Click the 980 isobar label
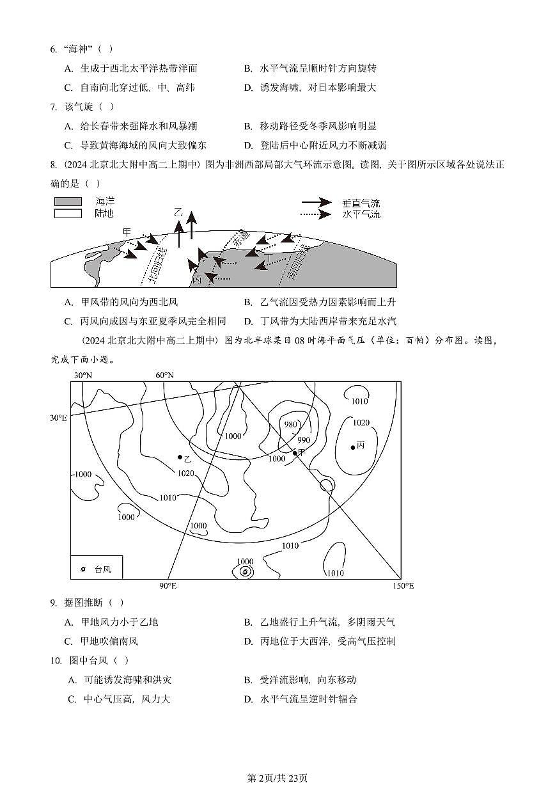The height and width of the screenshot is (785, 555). [x=291, y=425]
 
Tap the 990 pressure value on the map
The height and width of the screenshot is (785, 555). [x=304, y=440]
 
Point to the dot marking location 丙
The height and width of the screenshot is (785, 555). [x=353, y=447]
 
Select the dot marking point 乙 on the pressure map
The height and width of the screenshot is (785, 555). [x=180, y=457]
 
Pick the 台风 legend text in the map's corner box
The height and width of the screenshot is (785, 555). [x=102, y=569]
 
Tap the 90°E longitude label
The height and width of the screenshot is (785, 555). [x=168, y=586]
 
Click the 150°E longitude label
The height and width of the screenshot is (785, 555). [x=403, y=586]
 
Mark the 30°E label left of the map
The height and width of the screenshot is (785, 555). [x=59, y=418]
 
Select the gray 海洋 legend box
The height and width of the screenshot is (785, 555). [x=68, y=202]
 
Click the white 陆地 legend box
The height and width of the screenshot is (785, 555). [x=68, y=214]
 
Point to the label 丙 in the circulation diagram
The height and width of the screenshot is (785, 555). [x=196, y=280]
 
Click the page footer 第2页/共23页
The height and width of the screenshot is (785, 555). [x=277, y=778]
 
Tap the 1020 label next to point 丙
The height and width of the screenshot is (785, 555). [x=361, y=422]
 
